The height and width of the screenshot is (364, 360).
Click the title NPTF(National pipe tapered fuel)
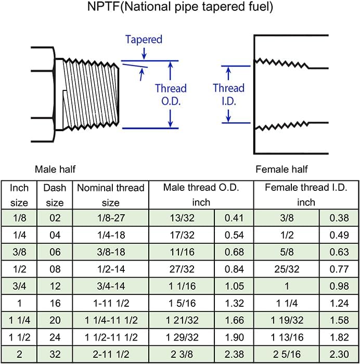(x=180, y=6)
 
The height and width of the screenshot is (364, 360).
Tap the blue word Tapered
(x=144, y=39)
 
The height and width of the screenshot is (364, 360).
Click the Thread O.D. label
(x=171, y=95)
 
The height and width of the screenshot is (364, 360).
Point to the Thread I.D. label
(x=228, y=95)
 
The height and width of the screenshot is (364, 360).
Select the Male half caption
(x=55, y=169)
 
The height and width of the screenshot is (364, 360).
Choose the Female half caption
(x=281, y=169)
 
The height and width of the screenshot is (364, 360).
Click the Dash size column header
(x=55, y=195)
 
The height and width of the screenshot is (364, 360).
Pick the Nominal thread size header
(x=111, y=195)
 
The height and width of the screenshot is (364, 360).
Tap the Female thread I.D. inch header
(x=306, y=195)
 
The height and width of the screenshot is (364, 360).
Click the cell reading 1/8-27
(x=111, y=218)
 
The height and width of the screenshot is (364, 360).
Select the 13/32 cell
(x=182, y=218)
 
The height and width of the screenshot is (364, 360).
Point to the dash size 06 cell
(x=55, y=252)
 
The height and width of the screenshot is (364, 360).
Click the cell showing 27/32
(x=182, y=269)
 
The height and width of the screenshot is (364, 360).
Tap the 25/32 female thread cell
(x=287, y=269)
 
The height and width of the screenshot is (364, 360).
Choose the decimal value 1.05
(x=234, y=286)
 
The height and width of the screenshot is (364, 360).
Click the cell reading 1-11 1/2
(x=111, y=303)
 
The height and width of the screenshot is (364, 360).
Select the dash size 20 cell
(x=55, y=320)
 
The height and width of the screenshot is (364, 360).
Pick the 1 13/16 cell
(x=287, y=337)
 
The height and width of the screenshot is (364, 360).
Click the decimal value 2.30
(x=339, y=355)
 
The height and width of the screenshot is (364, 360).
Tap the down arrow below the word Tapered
(x=144, y=54)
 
